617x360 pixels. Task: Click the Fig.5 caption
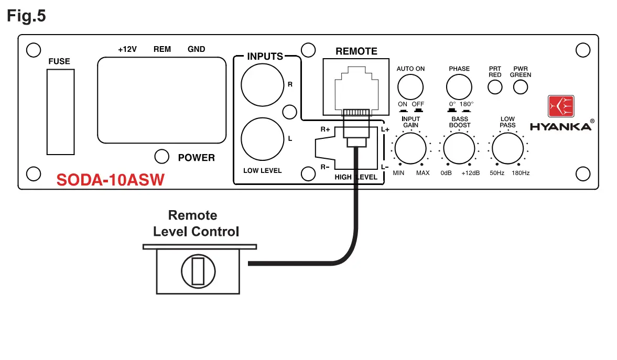coord(26,16)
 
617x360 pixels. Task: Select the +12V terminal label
coord(127,49)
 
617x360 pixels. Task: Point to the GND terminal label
coord(196,49)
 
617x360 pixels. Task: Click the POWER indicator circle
coord(162,156)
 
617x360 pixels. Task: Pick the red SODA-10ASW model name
coord(110,180)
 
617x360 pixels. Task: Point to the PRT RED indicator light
coord(495,87)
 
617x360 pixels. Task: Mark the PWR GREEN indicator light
coord(520,87)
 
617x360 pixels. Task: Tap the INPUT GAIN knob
coord(410,148)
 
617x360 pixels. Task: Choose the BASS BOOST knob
coord(459,148)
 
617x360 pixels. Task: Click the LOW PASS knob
coord(507,148)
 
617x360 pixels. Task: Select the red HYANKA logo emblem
coord(561,106)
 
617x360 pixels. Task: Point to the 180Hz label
coord(521,173)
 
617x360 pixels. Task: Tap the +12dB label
coord(470,173)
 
